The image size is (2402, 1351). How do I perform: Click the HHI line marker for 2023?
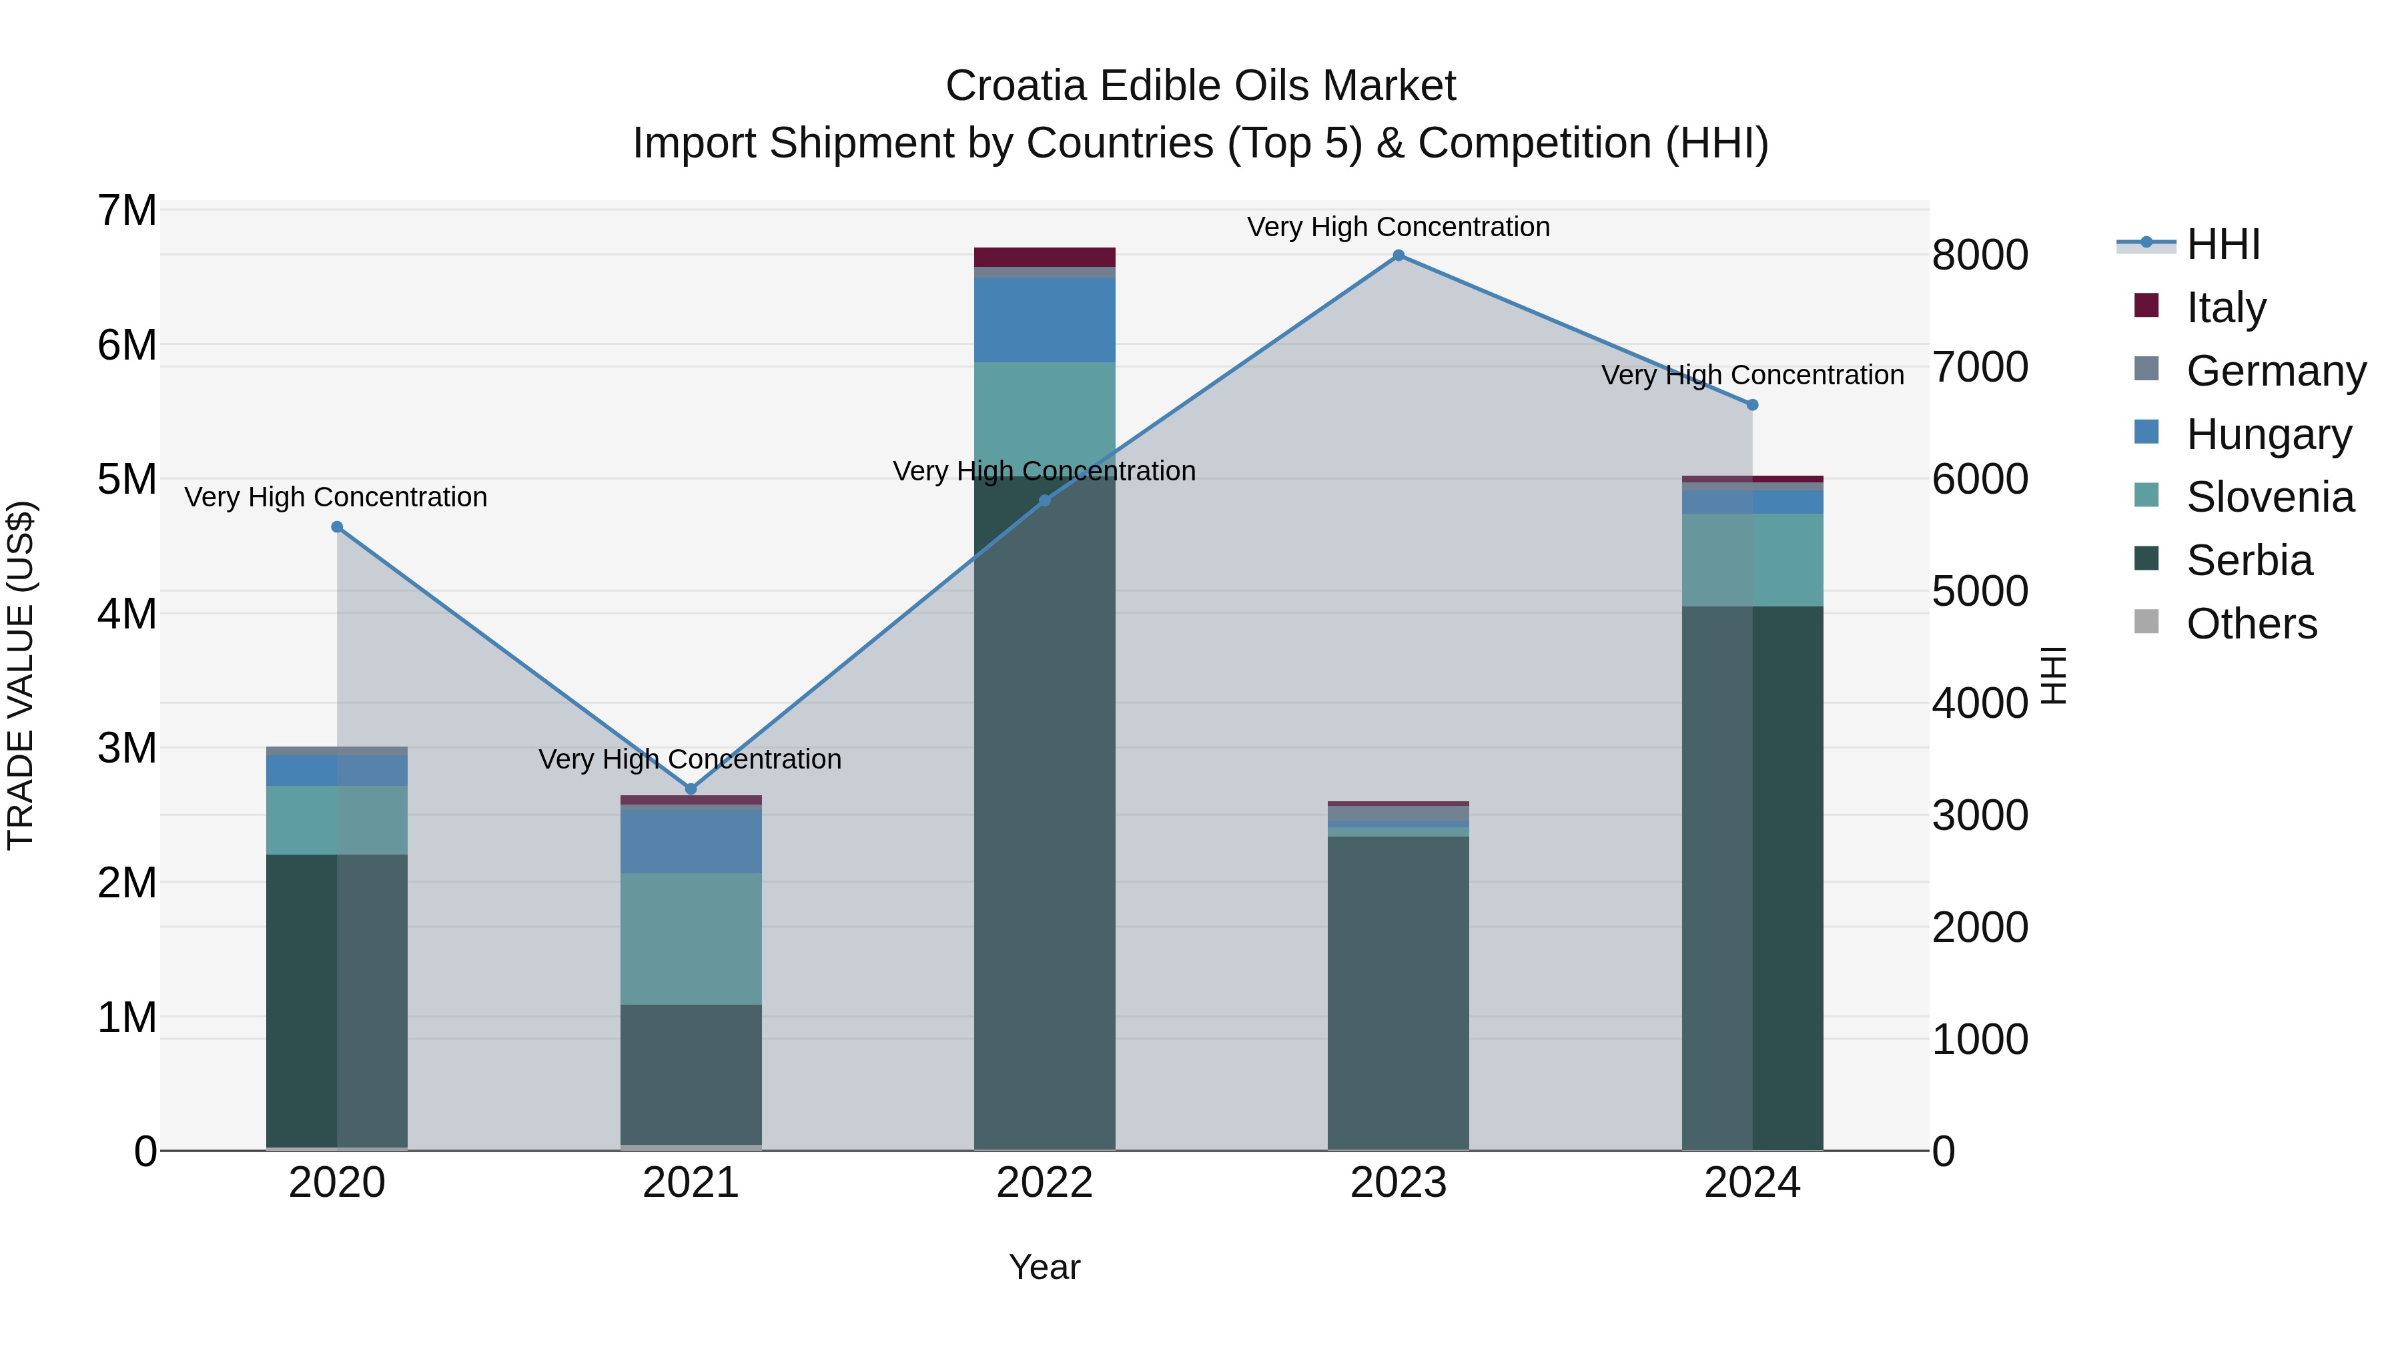1398,256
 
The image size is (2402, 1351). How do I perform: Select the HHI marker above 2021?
691,789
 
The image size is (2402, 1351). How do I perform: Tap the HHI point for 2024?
1752,405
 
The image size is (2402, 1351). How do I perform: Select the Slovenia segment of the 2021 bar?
691,938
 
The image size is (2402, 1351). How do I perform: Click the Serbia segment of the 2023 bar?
1398,993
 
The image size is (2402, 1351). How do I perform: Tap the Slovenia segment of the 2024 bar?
1752,560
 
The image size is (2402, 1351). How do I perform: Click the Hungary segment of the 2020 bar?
337,770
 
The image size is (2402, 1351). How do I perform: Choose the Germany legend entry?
2275,371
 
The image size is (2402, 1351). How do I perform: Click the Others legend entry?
2251,624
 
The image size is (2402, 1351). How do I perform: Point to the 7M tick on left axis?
127,211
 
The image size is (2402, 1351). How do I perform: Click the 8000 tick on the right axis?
1979,256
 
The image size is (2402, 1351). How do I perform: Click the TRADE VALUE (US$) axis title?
21,675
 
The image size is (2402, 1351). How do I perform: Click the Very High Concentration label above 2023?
1398,227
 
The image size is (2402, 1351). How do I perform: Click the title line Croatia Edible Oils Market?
1200,86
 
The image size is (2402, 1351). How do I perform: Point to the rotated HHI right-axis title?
2054,675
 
